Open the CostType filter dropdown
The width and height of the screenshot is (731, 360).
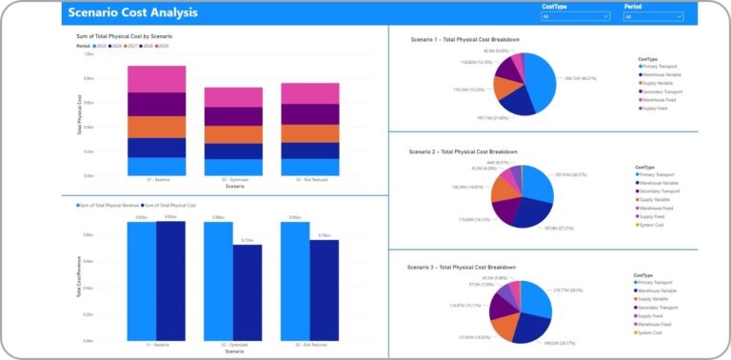[x=575, y=16]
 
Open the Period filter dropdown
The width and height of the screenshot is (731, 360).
[x=654, y=16]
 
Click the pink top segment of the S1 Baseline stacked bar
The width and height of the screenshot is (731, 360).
[x=156, y=79]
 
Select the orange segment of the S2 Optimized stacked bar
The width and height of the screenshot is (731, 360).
[x=233, y=134]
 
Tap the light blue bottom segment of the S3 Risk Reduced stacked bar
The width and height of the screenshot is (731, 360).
[x=310, y=167]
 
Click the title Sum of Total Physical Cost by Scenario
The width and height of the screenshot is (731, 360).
[x=124, y=36]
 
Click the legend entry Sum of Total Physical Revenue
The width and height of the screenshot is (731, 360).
[x=109, y=205]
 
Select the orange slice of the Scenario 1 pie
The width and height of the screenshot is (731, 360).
[x=504, y=86]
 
